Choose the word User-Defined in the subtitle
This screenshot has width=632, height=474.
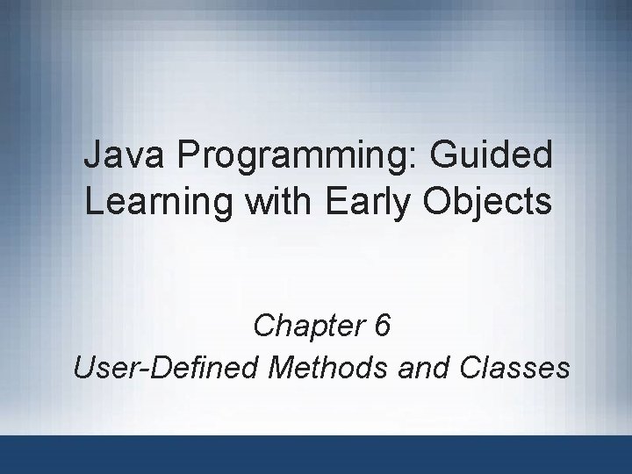(x=167, y=367)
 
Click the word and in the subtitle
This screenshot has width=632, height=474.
(x=425, y=367)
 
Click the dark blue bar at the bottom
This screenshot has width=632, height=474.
(x=316, y=455)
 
